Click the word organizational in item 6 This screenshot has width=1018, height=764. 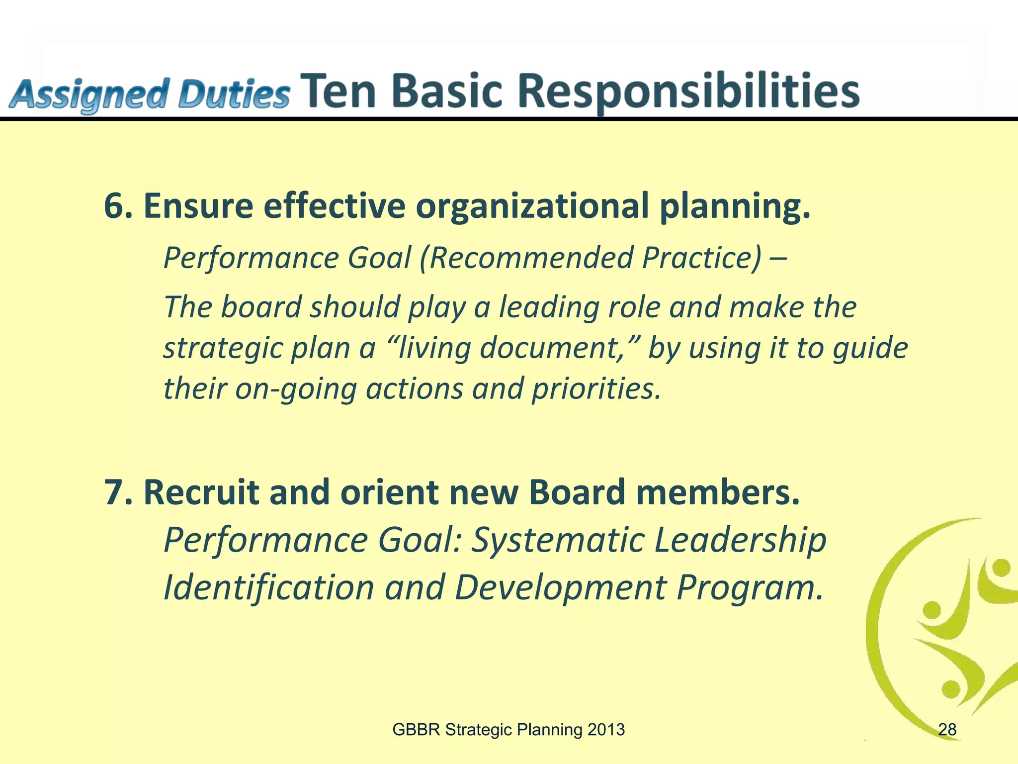pos(532,206)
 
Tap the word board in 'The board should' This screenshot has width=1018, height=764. pos(261,307)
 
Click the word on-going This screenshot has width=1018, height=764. pos(296,388)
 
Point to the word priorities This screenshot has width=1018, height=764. pos(596,388)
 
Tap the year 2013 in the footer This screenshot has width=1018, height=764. pos(605,730)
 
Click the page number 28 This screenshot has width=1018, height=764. pos(947,730)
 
